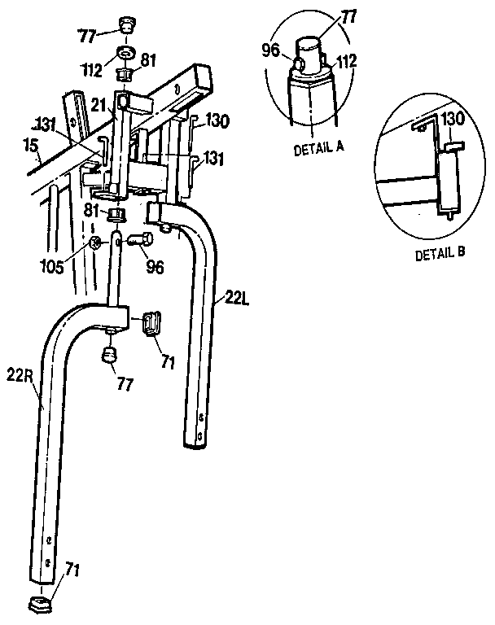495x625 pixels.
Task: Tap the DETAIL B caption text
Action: (x=440, y=253)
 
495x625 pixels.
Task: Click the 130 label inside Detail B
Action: (x=452, y=118)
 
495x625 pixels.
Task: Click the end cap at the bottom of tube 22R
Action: (x=41, y=604)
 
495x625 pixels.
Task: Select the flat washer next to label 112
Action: (x=127, y=54)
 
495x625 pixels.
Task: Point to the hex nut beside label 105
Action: (x=95, y=243)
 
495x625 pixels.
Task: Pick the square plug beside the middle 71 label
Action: (x=151, y=322)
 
